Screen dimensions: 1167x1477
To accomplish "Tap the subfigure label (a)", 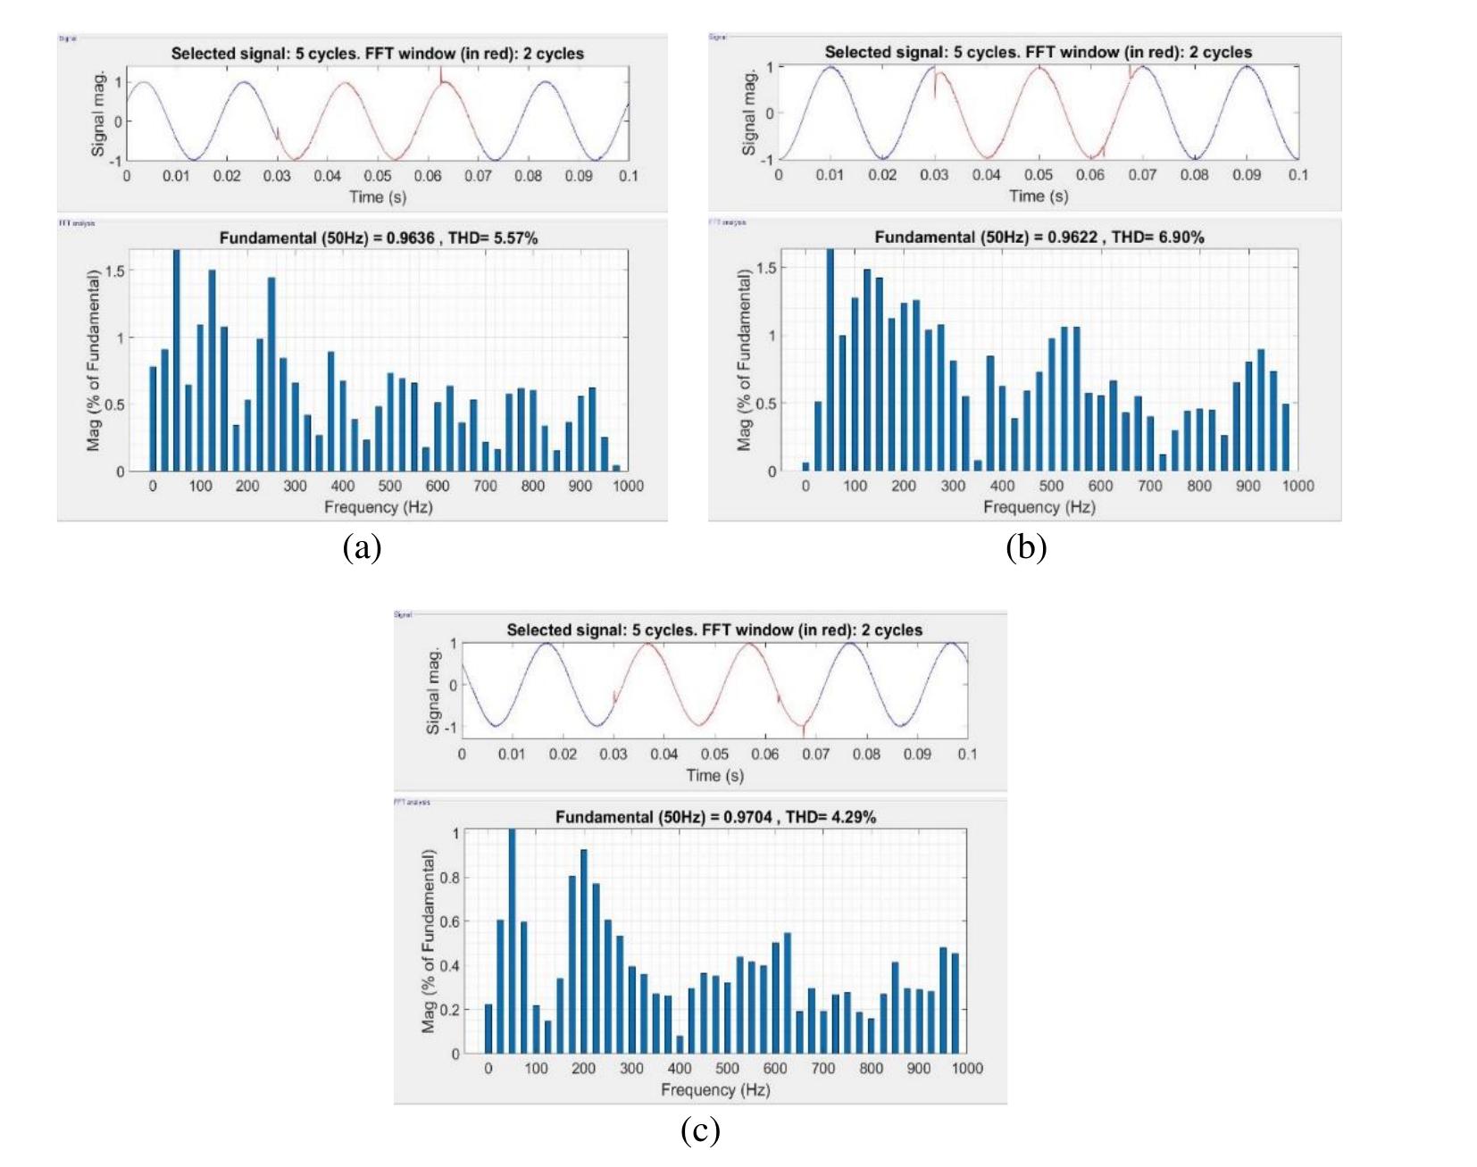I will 362,547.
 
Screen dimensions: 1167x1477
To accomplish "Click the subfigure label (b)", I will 1025,547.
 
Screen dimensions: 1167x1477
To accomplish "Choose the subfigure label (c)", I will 699,1130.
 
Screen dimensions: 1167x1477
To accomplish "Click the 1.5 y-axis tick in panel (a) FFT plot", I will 114,271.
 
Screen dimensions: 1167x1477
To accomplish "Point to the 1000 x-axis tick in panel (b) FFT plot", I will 1298,486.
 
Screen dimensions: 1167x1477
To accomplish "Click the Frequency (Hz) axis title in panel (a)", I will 378,507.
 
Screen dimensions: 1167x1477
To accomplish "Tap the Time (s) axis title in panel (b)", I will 1039,196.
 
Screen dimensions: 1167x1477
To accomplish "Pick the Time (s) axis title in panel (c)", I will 714,775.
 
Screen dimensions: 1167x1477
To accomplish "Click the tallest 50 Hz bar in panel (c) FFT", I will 513,941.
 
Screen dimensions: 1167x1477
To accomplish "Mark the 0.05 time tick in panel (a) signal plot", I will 377,176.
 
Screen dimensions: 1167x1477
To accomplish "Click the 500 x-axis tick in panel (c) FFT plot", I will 727,1068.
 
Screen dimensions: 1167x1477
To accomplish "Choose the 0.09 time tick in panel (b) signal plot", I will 1247,174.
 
